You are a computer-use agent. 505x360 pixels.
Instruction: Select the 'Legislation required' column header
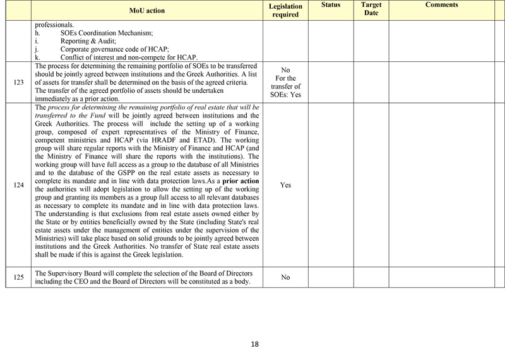pos(285,10)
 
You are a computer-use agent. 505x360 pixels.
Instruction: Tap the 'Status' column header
pos(330,5)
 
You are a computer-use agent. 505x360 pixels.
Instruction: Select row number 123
pos(18,82)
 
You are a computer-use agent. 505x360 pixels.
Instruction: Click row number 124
pos(18,186)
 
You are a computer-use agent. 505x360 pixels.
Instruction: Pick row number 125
pos(18,277)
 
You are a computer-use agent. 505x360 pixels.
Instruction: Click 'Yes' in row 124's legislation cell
pos(285,186)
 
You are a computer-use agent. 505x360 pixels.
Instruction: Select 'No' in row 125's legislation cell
pos(285,277)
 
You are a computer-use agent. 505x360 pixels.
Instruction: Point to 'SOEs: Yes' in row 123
pos(285,95)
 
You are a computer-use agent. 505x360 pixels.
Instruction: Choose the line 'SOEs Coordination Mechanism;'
pos(107,33)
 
